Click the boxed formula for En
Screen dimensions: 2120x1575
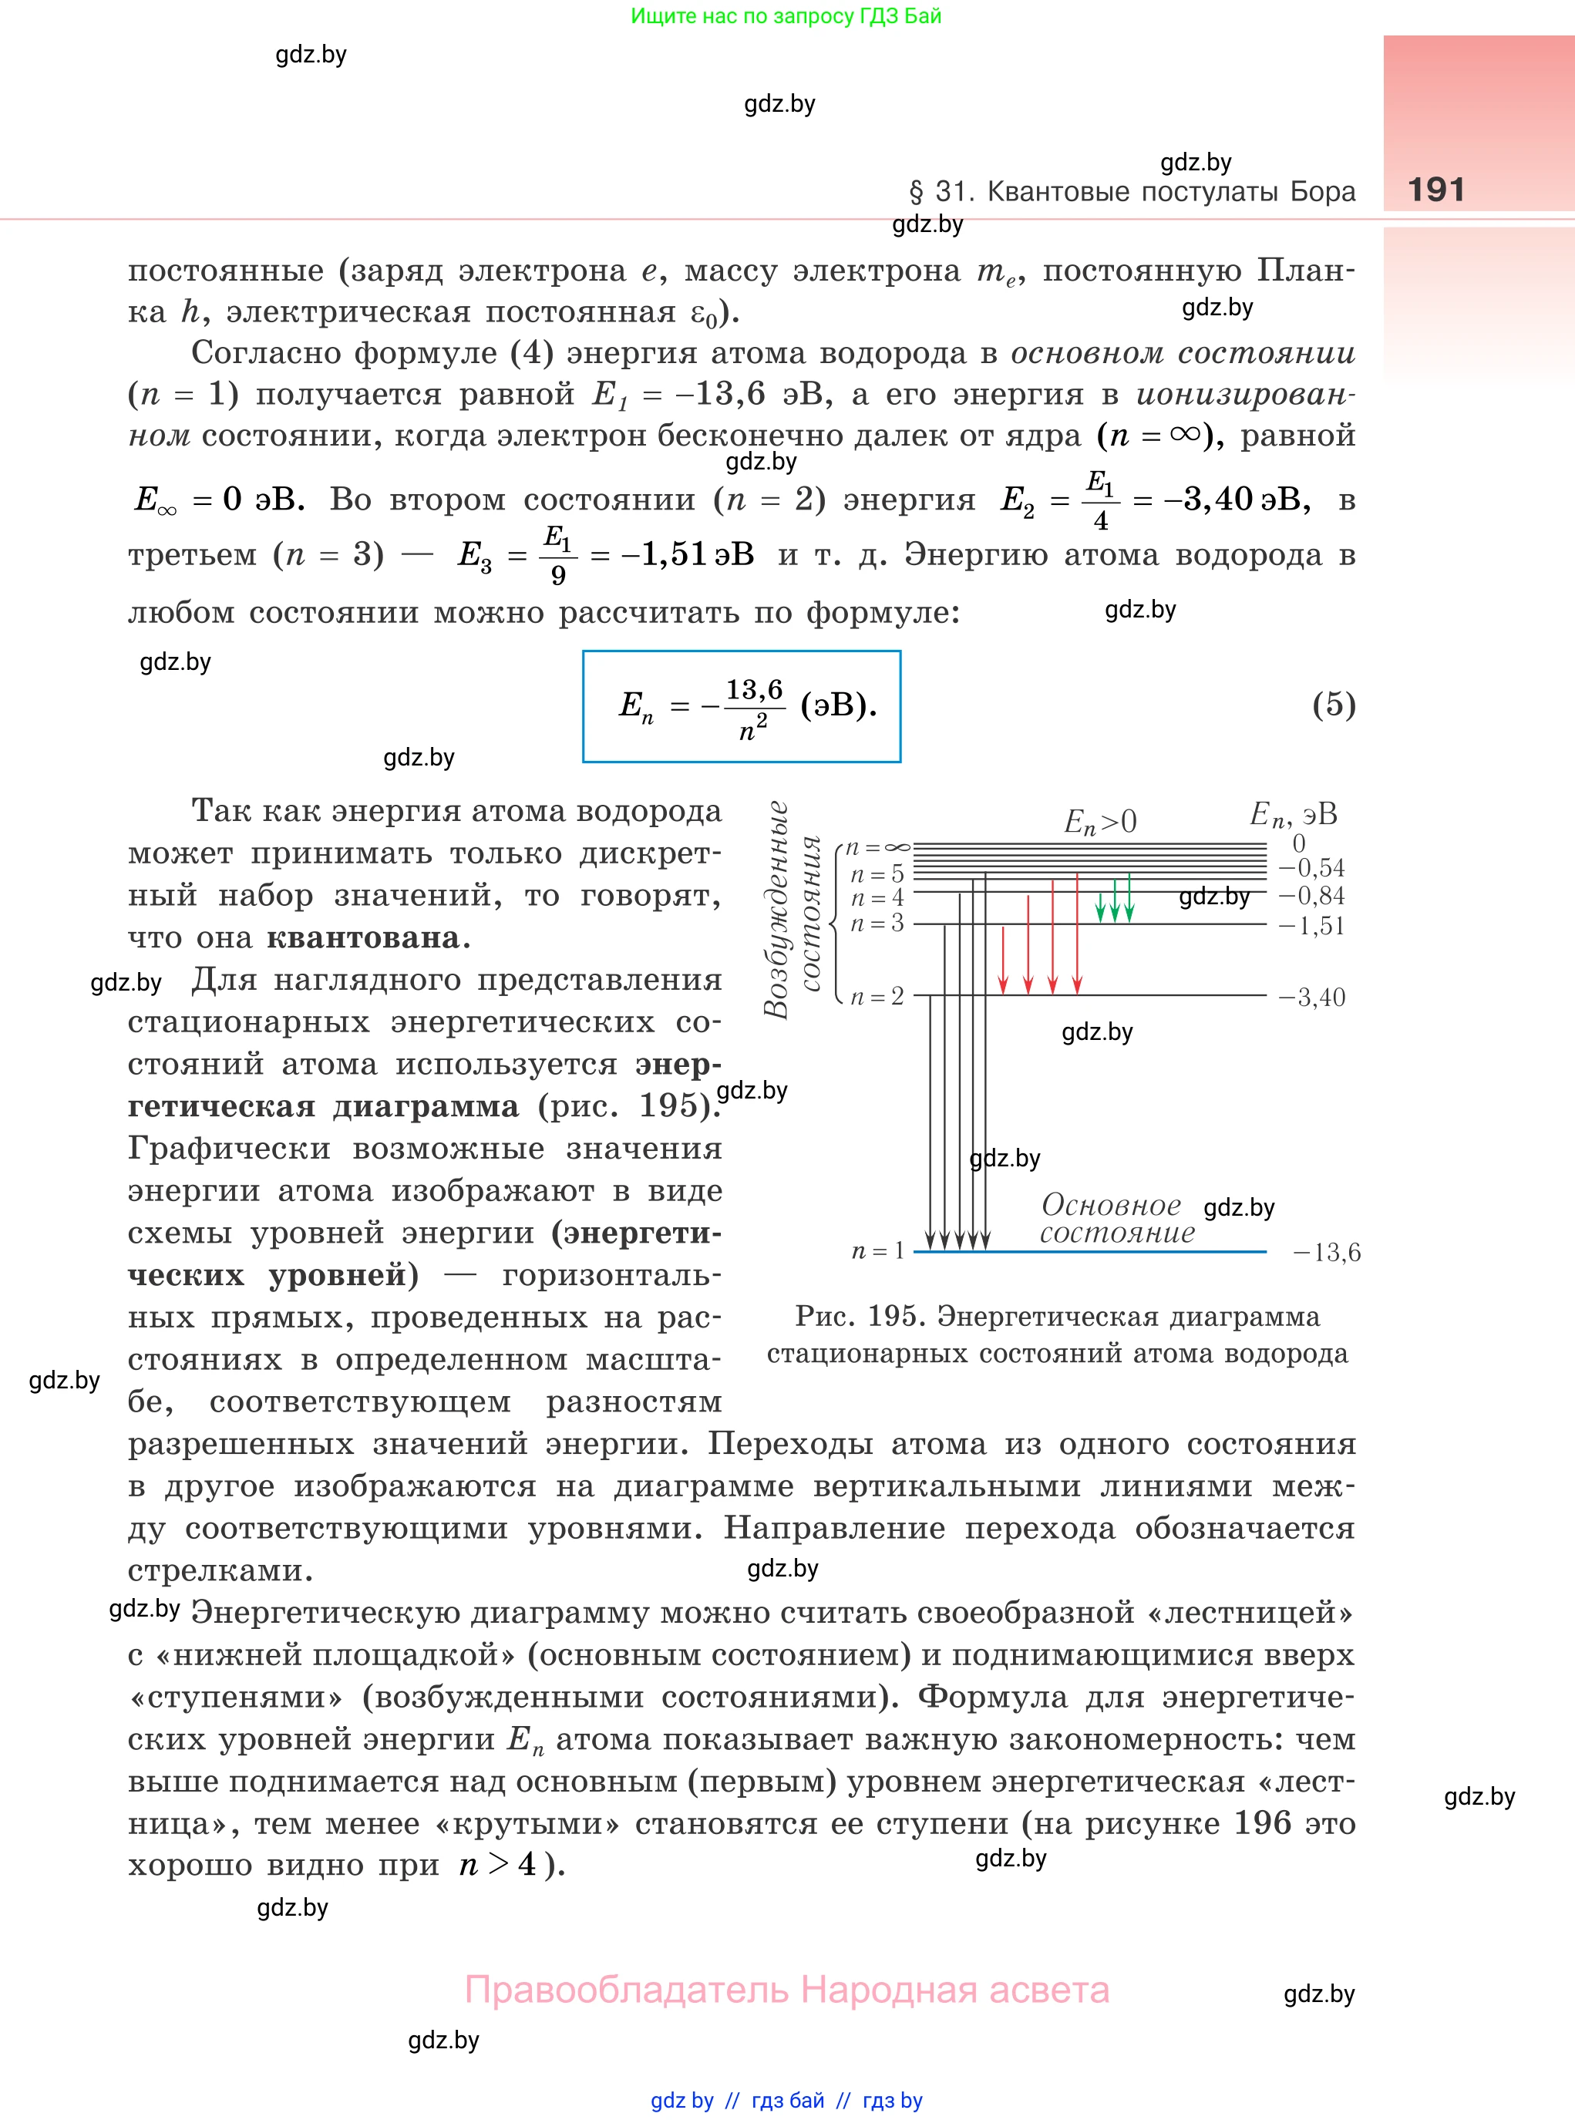(742, 706)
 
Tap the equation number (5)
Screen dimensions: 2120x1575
(1333, 705)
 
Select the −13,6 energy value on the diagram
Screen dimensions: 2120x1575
(1326, 1253)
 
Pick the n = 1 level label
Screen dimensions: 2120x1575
(877, 1250)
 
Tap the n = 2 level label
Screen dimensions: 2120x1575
(877, 996)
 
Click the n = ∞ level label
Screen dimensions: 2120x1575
(877, 846)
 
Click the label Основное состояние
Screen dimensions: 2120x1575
(1116, 1219)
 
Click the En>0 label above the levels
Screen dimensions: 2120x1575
(1100, 822)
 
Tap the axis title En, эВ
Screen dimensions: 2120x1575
(1293, 815)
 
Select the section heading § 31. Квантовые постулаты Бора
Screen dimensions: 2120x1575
(1132, 192)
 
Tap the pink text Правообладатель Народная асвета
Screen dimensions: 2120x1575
(786, 1990)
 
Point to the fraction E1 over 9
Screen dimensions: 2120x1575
(557, 555)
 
